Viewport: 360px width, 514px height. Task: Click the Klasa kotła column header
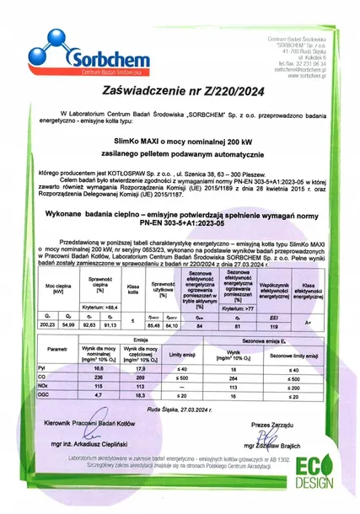pyautogui.click(x=132, y=289)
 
